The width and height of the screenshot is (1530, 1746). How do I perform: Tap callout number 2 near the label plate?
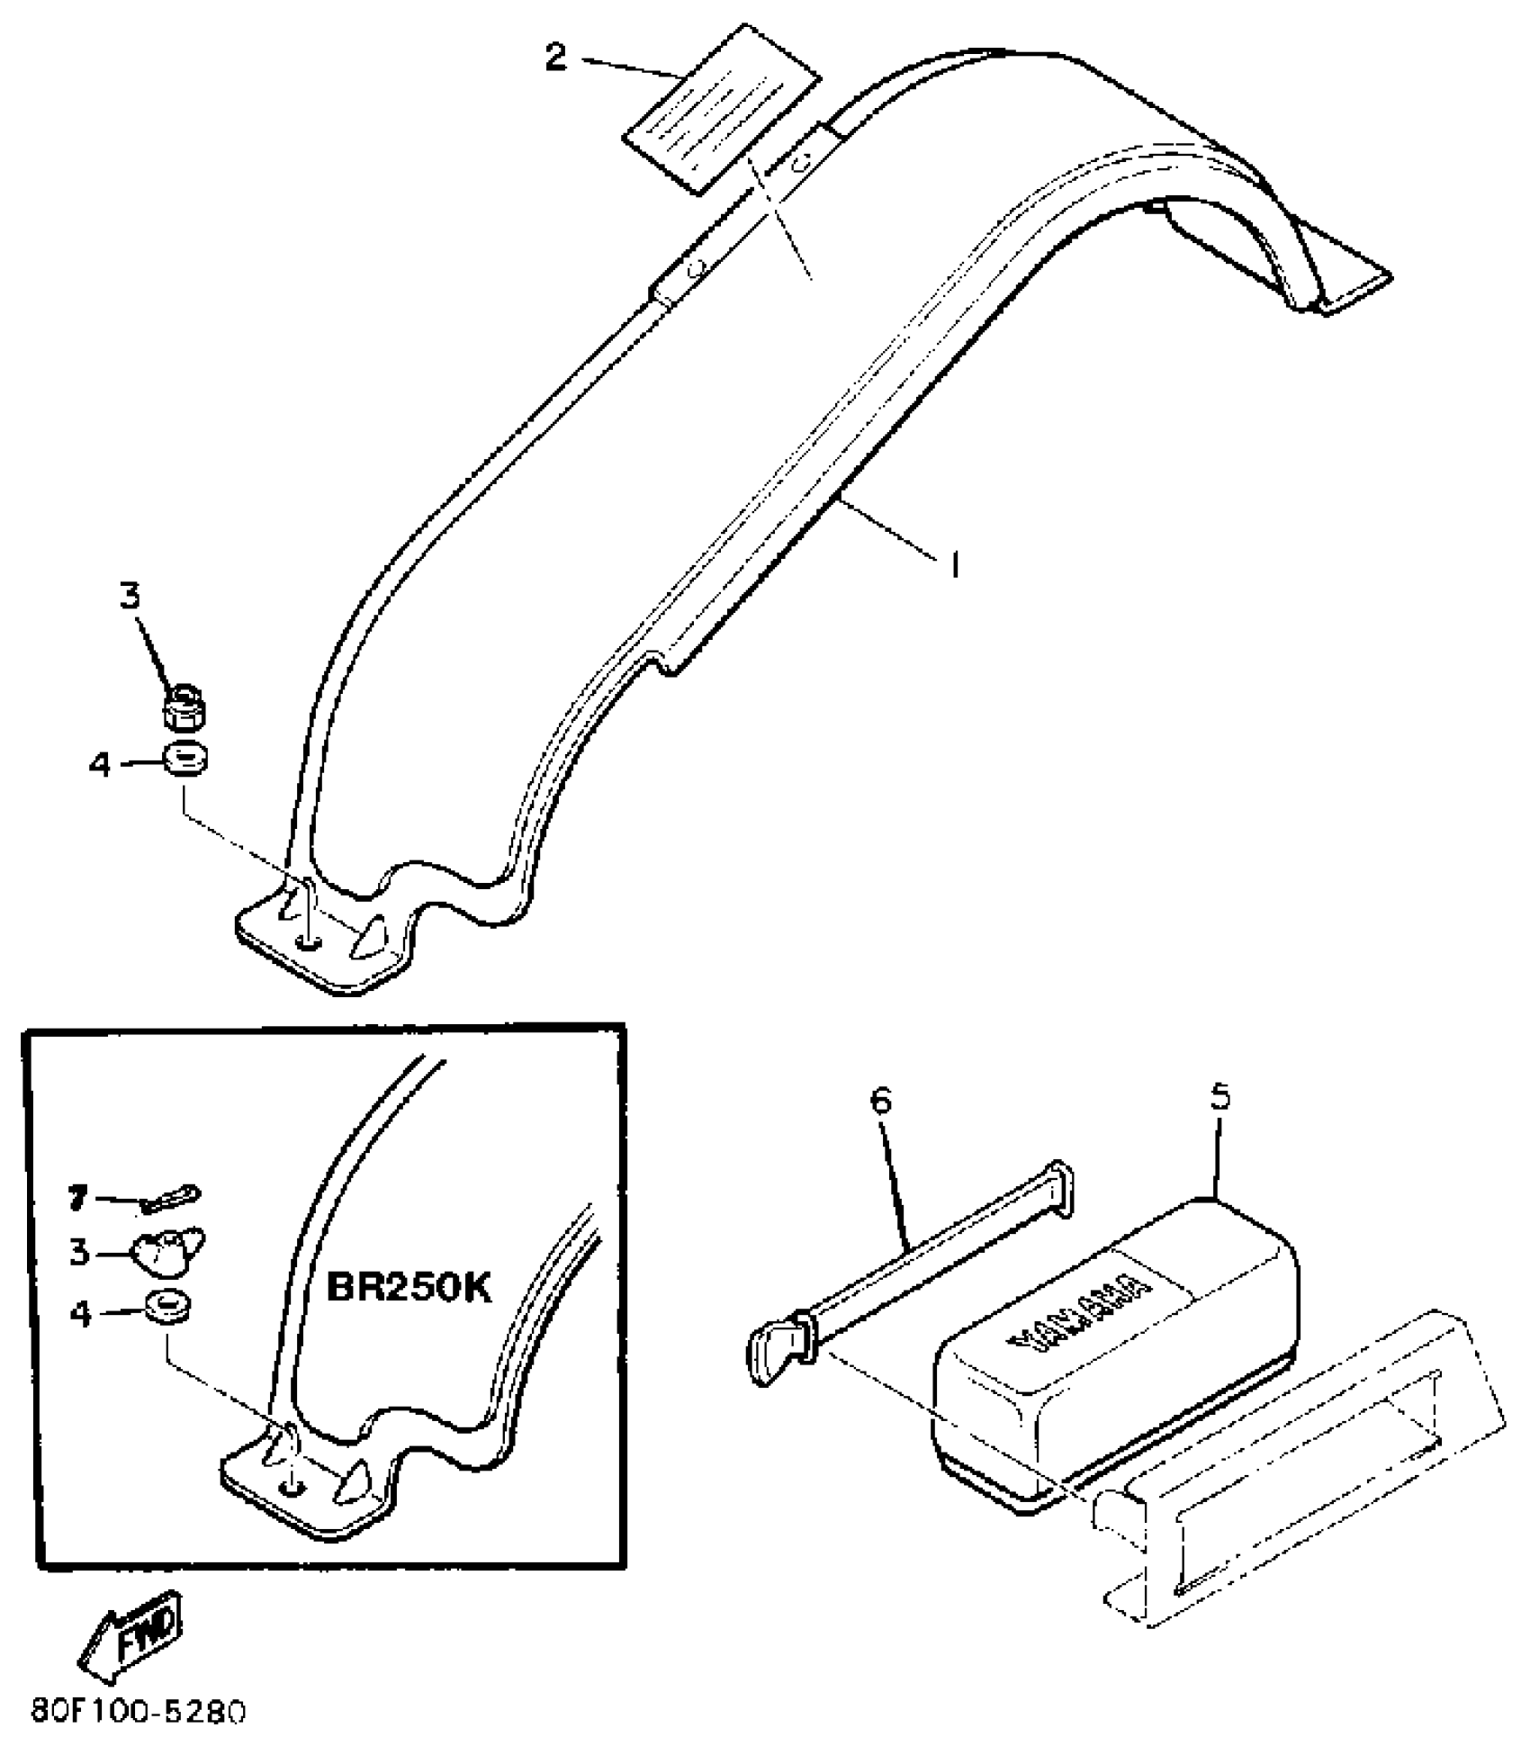(557, 58)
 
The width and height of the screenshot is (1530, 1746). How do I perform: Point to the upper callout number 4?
(100, 765)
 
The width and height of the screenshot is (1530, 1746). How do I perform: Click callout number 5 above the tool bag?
(1220, 1098)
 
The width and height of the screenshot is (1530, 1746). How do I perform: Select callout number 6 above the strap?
(881, 1101)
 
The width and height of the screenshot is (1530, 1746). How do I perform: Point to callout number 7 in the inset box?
(78, 1198)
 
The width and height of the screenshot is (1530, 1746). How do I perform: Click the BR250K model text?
(409, 1289)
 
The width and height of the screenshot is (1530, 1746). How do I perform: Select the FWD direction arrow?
(130, 1637)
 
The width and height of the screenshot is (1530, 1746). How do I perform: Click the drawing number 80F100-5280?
(138, 1711)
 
